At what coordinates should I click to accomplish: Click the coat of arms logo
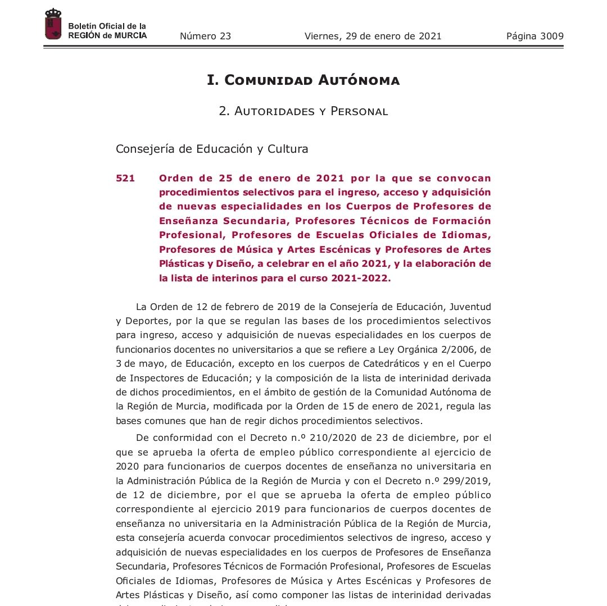[53, 24]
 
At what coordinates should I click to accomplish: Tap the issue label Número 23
[205, 37]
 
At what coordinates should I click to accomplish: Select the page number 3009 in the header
[535, 37]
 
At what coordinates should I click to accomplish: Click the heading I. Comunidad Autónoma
[303, 80]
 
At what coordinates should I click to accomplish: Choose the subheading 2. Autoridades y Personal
[303, 111]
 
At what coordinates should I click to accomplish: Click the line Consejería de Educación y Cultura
[212, 149]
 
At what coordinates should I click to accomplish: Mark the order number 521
[125, 179]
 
